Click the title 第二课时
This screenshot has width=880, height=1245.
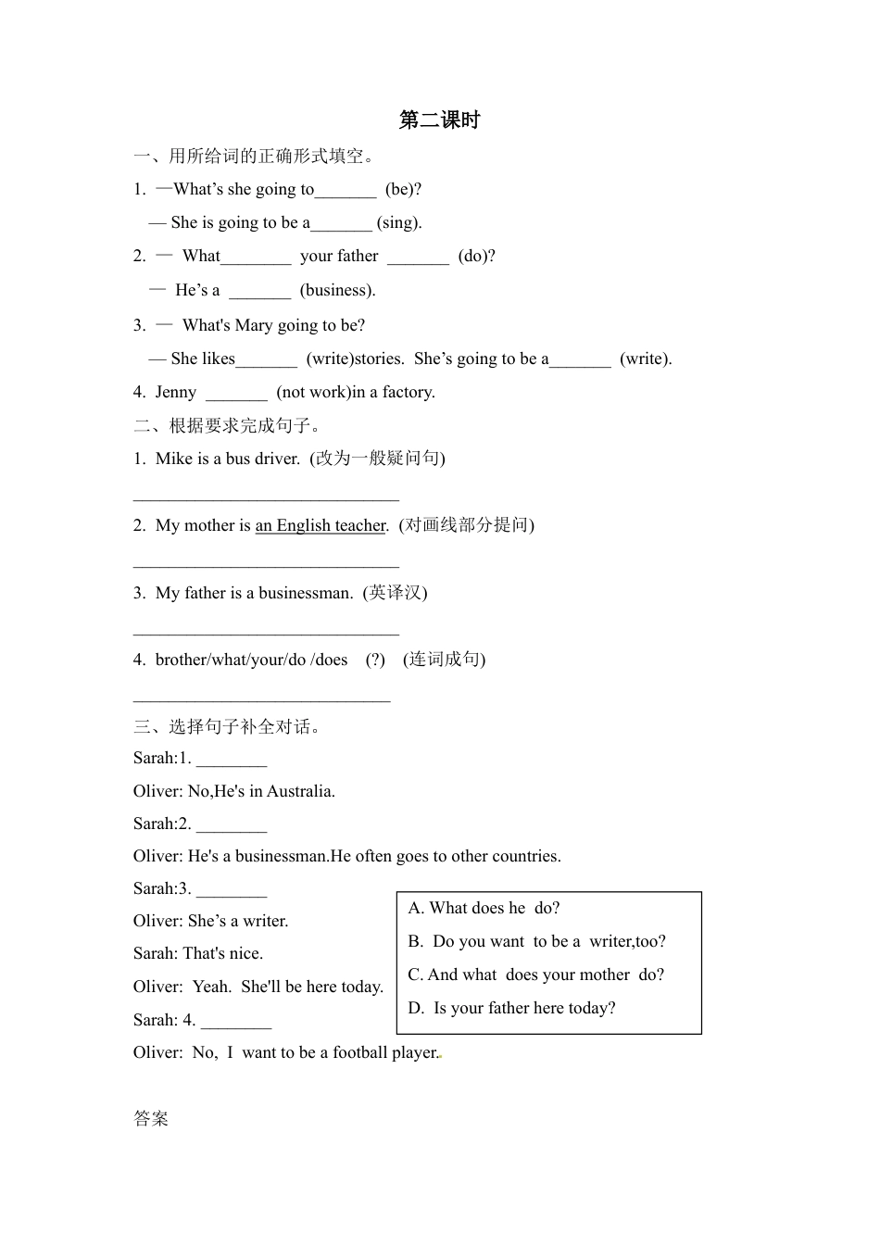(439, 119)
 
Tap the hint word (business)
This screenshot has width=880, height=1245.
(337, 290)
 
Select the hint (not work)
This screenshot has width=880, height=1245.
(313, 392)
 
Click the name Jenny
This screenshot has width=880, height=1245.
(176, 392)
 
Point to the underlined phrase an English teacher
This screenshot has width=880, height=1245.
(321, 525)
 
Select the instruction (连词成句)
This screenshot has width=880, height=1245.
(444, 660)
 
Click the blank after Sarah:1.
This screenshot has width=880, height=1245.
(232, 760)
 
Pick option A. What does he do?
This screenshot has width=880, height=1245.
(484, 908)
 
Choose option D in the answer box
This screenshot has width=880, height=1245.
(511, 1008)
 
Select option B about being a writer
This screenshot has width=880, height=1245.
(536, 941)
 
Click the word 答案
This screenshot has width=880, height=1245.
(151, 1118)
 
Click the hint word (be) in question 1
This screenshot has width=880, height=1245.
(403, 189)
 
